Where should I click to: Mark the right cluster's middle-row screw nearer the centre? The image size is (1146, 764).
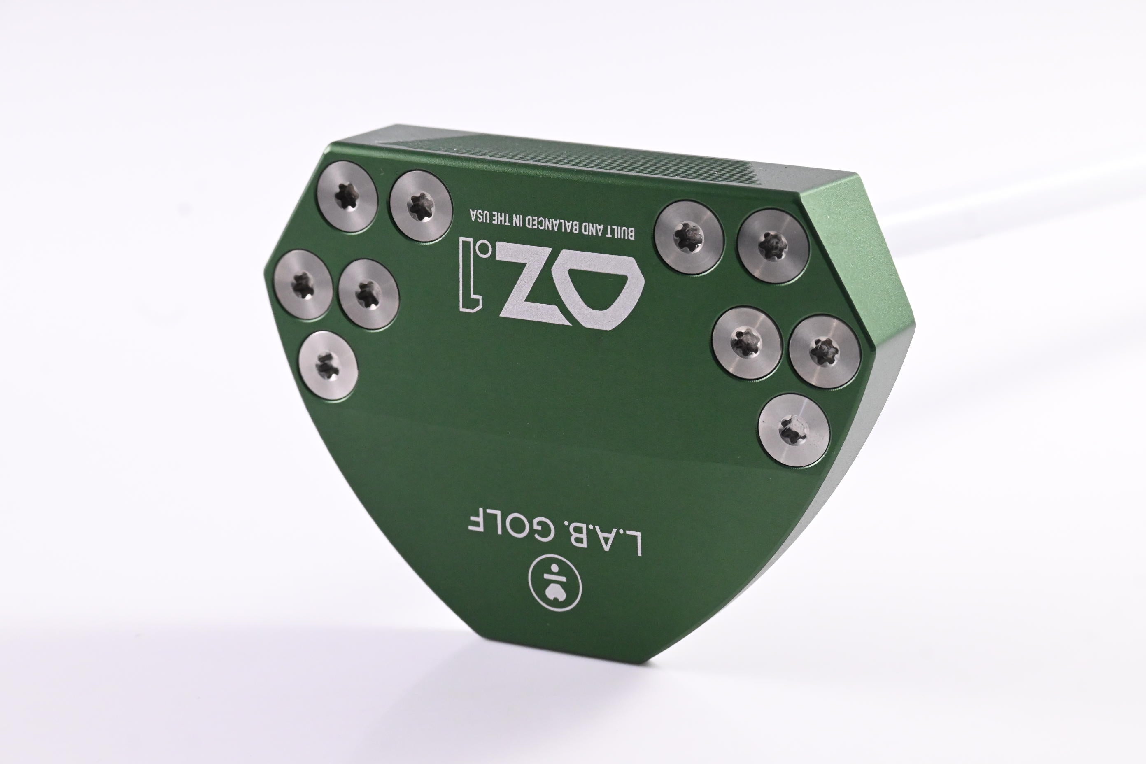pyautogui.click(x=748, y=342)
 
